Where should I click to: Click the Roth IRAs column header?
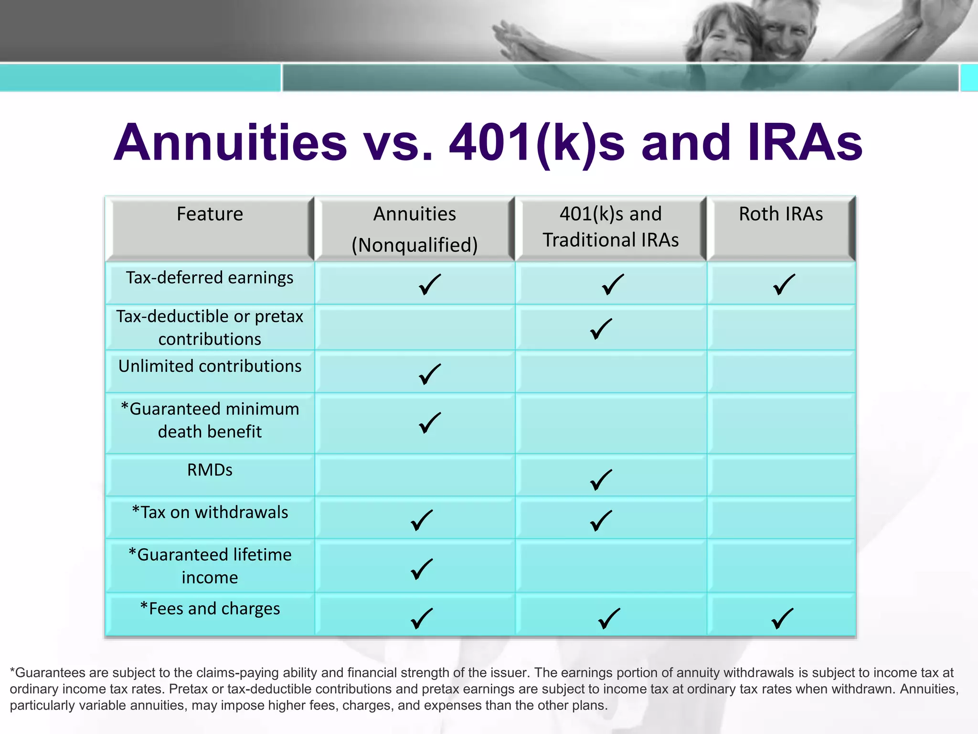coord(780,214)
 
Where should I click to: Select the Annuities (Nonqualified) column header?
coord(415,229)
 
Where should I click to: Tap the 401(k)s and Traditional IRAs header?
coord(610,227)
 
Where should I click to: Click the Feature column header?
coord(210,214)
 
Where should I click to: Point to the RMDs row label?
coord(210,470)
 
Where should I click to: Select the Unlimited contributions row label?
coord(210,366)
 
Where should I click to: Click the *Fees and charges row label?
coord(210,609)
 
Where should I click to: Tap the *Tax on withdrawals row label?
coord(210,512)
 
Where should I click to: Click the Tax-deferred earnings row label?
coord(210,278)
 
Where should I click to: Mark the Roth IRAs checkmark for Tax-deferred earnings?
coord(784,285)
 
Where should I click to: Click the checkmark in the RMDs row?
coord(601,480)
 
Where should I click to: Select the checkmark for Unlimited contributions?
coord(429,375)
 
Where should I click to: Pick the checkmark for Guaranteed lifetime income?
coord(422,569)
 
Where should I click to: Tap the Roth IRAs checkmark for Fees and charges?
coord(782,619)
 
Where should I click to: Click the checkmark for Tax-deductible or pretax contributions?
coord(601,329)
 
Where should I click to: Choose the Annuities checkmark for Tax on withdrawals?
coord(422,520)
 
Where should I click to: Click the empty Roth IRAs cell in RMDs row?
coord(781,475)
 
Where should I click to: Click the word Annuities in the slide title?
coord(230,142)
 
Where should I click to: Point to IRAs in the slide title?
coord(805,142)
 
